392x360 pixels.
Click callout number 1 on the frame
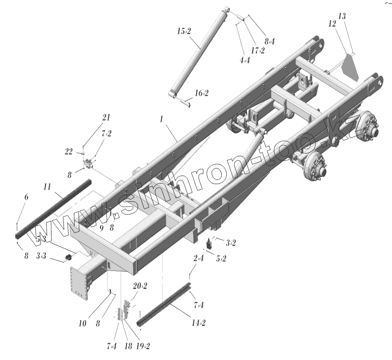click(162, 119)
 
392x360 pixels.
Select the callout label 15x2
click(184, 32)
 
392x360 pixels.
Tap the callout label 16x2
click(202, 93)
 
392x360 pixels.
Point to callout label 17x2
click(257, 50)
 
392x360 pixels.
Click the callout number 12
click(332, 24)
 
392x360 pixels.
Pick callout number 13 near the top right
click(342, 16)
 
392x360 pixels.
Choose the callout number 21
click(106, 118)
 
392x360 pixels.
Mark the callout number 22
click(69, 152)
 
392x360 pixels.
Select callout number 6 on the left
click(26, 197)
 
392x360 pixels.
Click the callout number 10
click(82, 323)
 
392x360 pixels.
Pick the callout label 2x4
click(198, 259)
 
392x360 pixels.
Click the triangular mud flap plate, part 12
click(351, 67)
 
